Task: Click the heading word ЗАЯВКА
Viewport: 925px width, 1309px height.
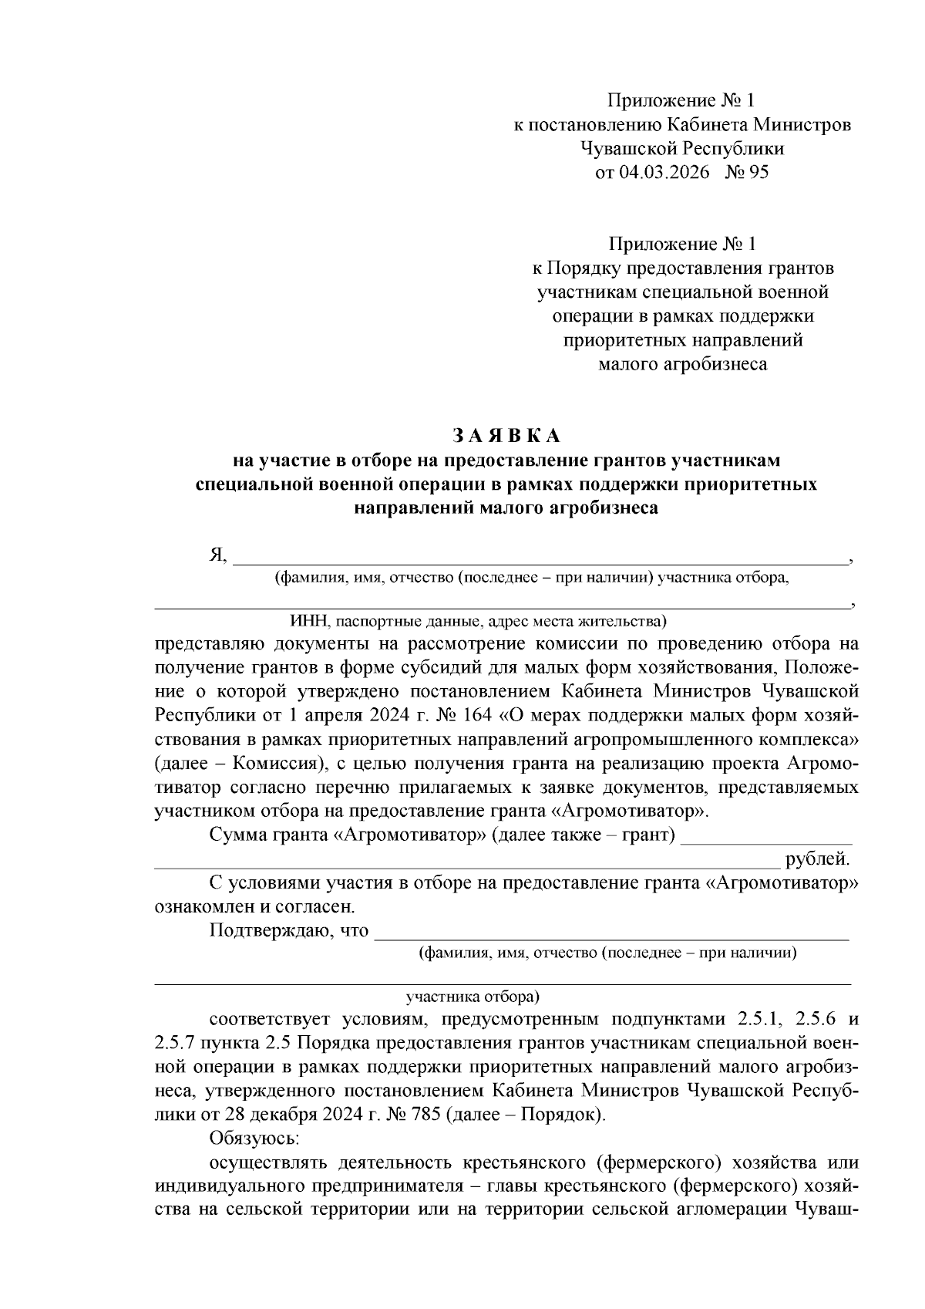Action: tap(506, 436)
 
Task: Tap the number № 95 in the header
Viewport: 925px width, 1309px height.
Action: tap(747, 172)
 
